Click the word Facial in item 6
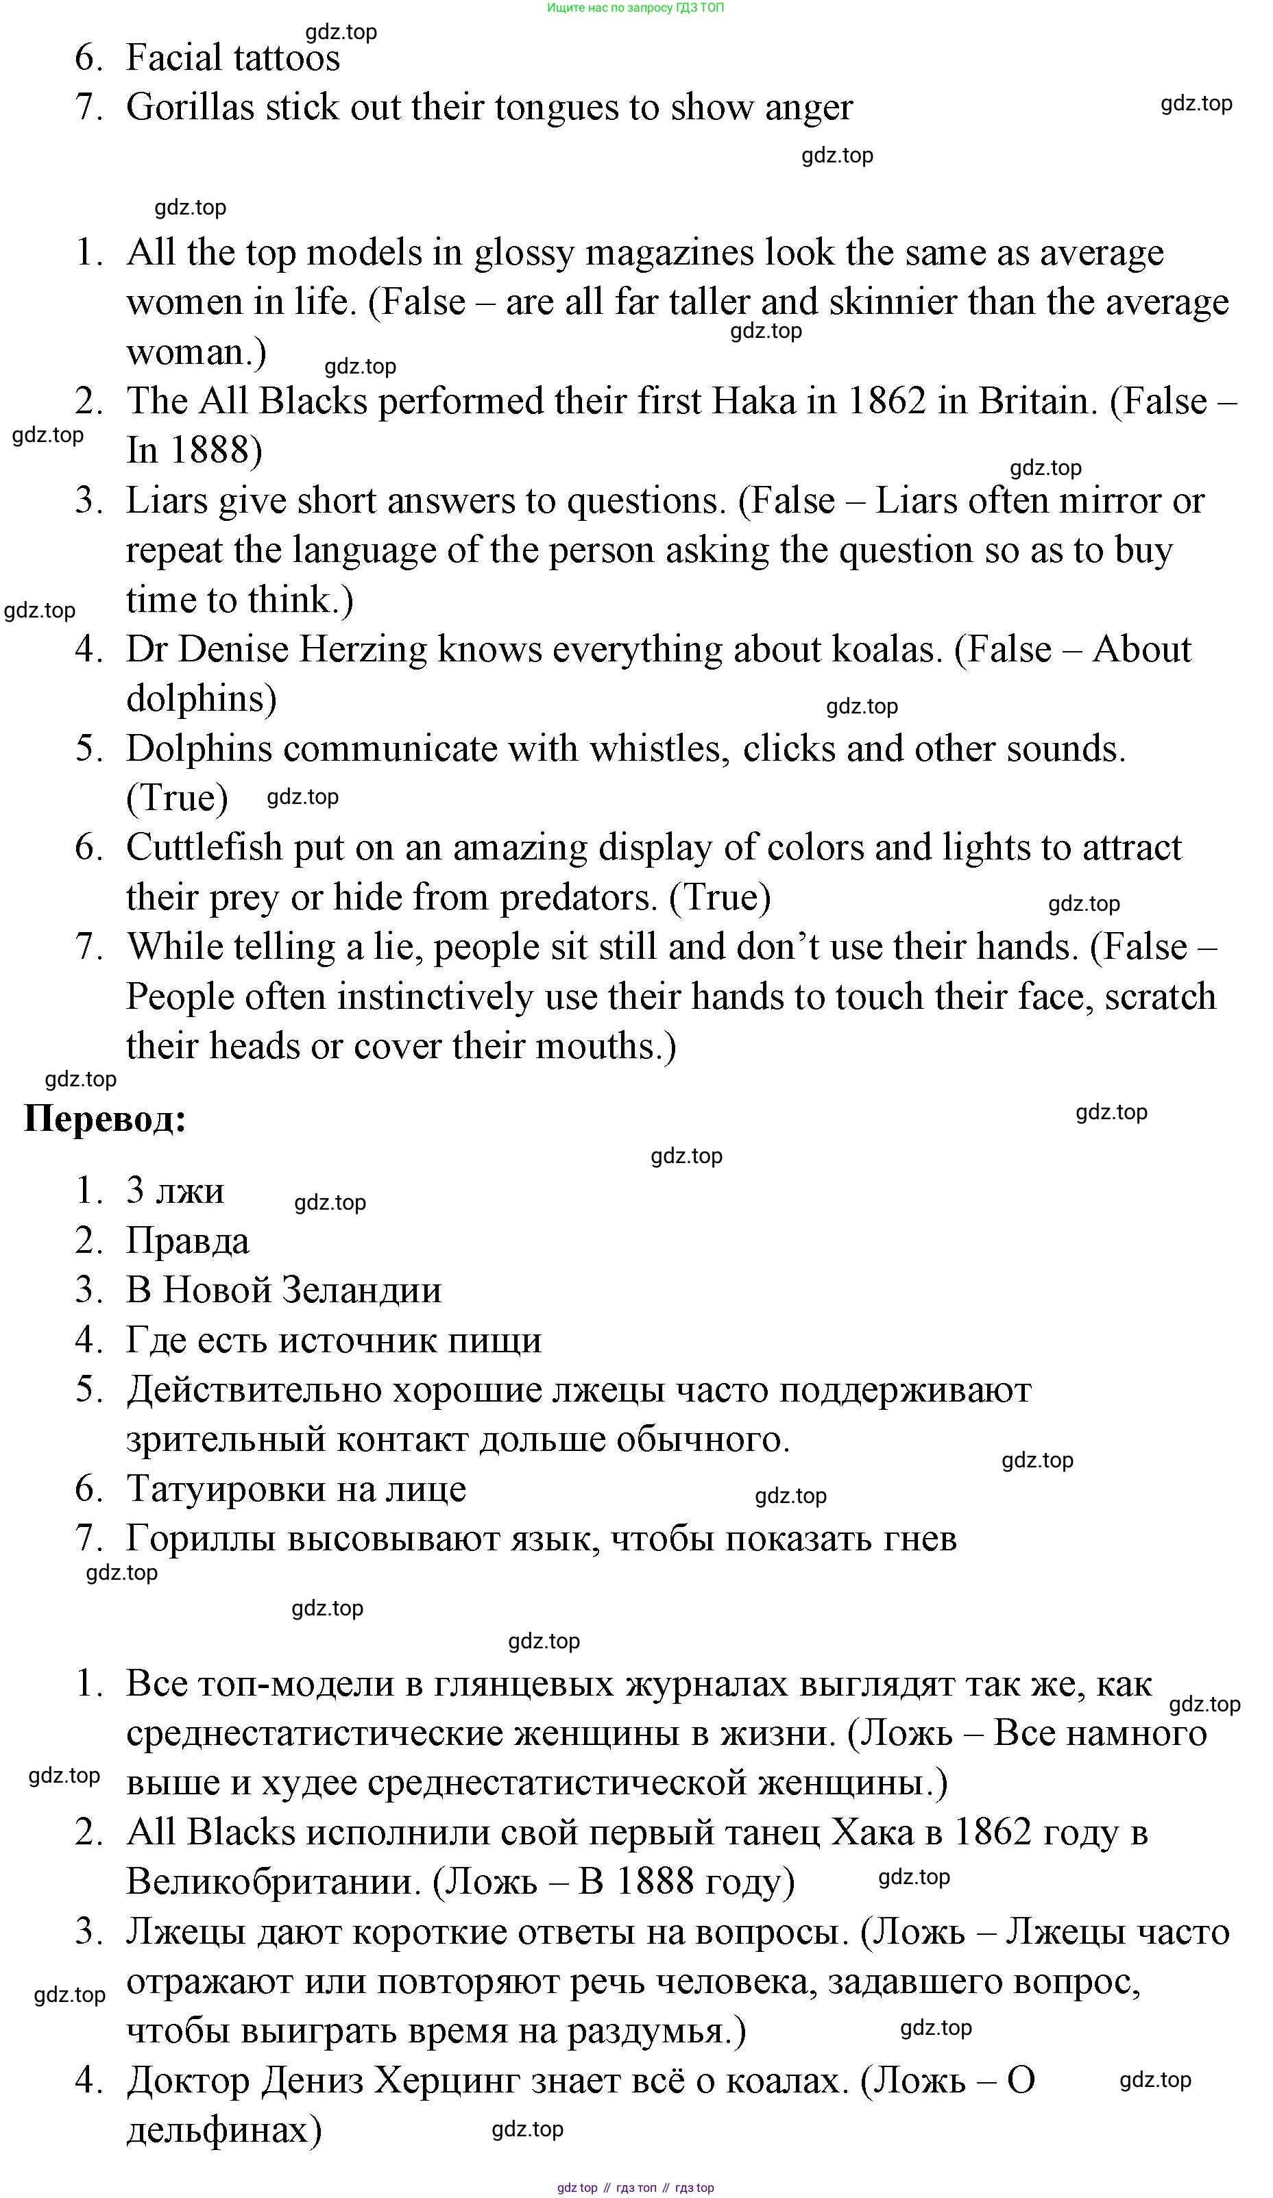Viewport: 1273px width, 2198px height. pyautogui.click(x=175, y=58)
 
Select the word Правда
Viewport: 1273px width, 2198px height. pyautogui.click(x=188, y=1241)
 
